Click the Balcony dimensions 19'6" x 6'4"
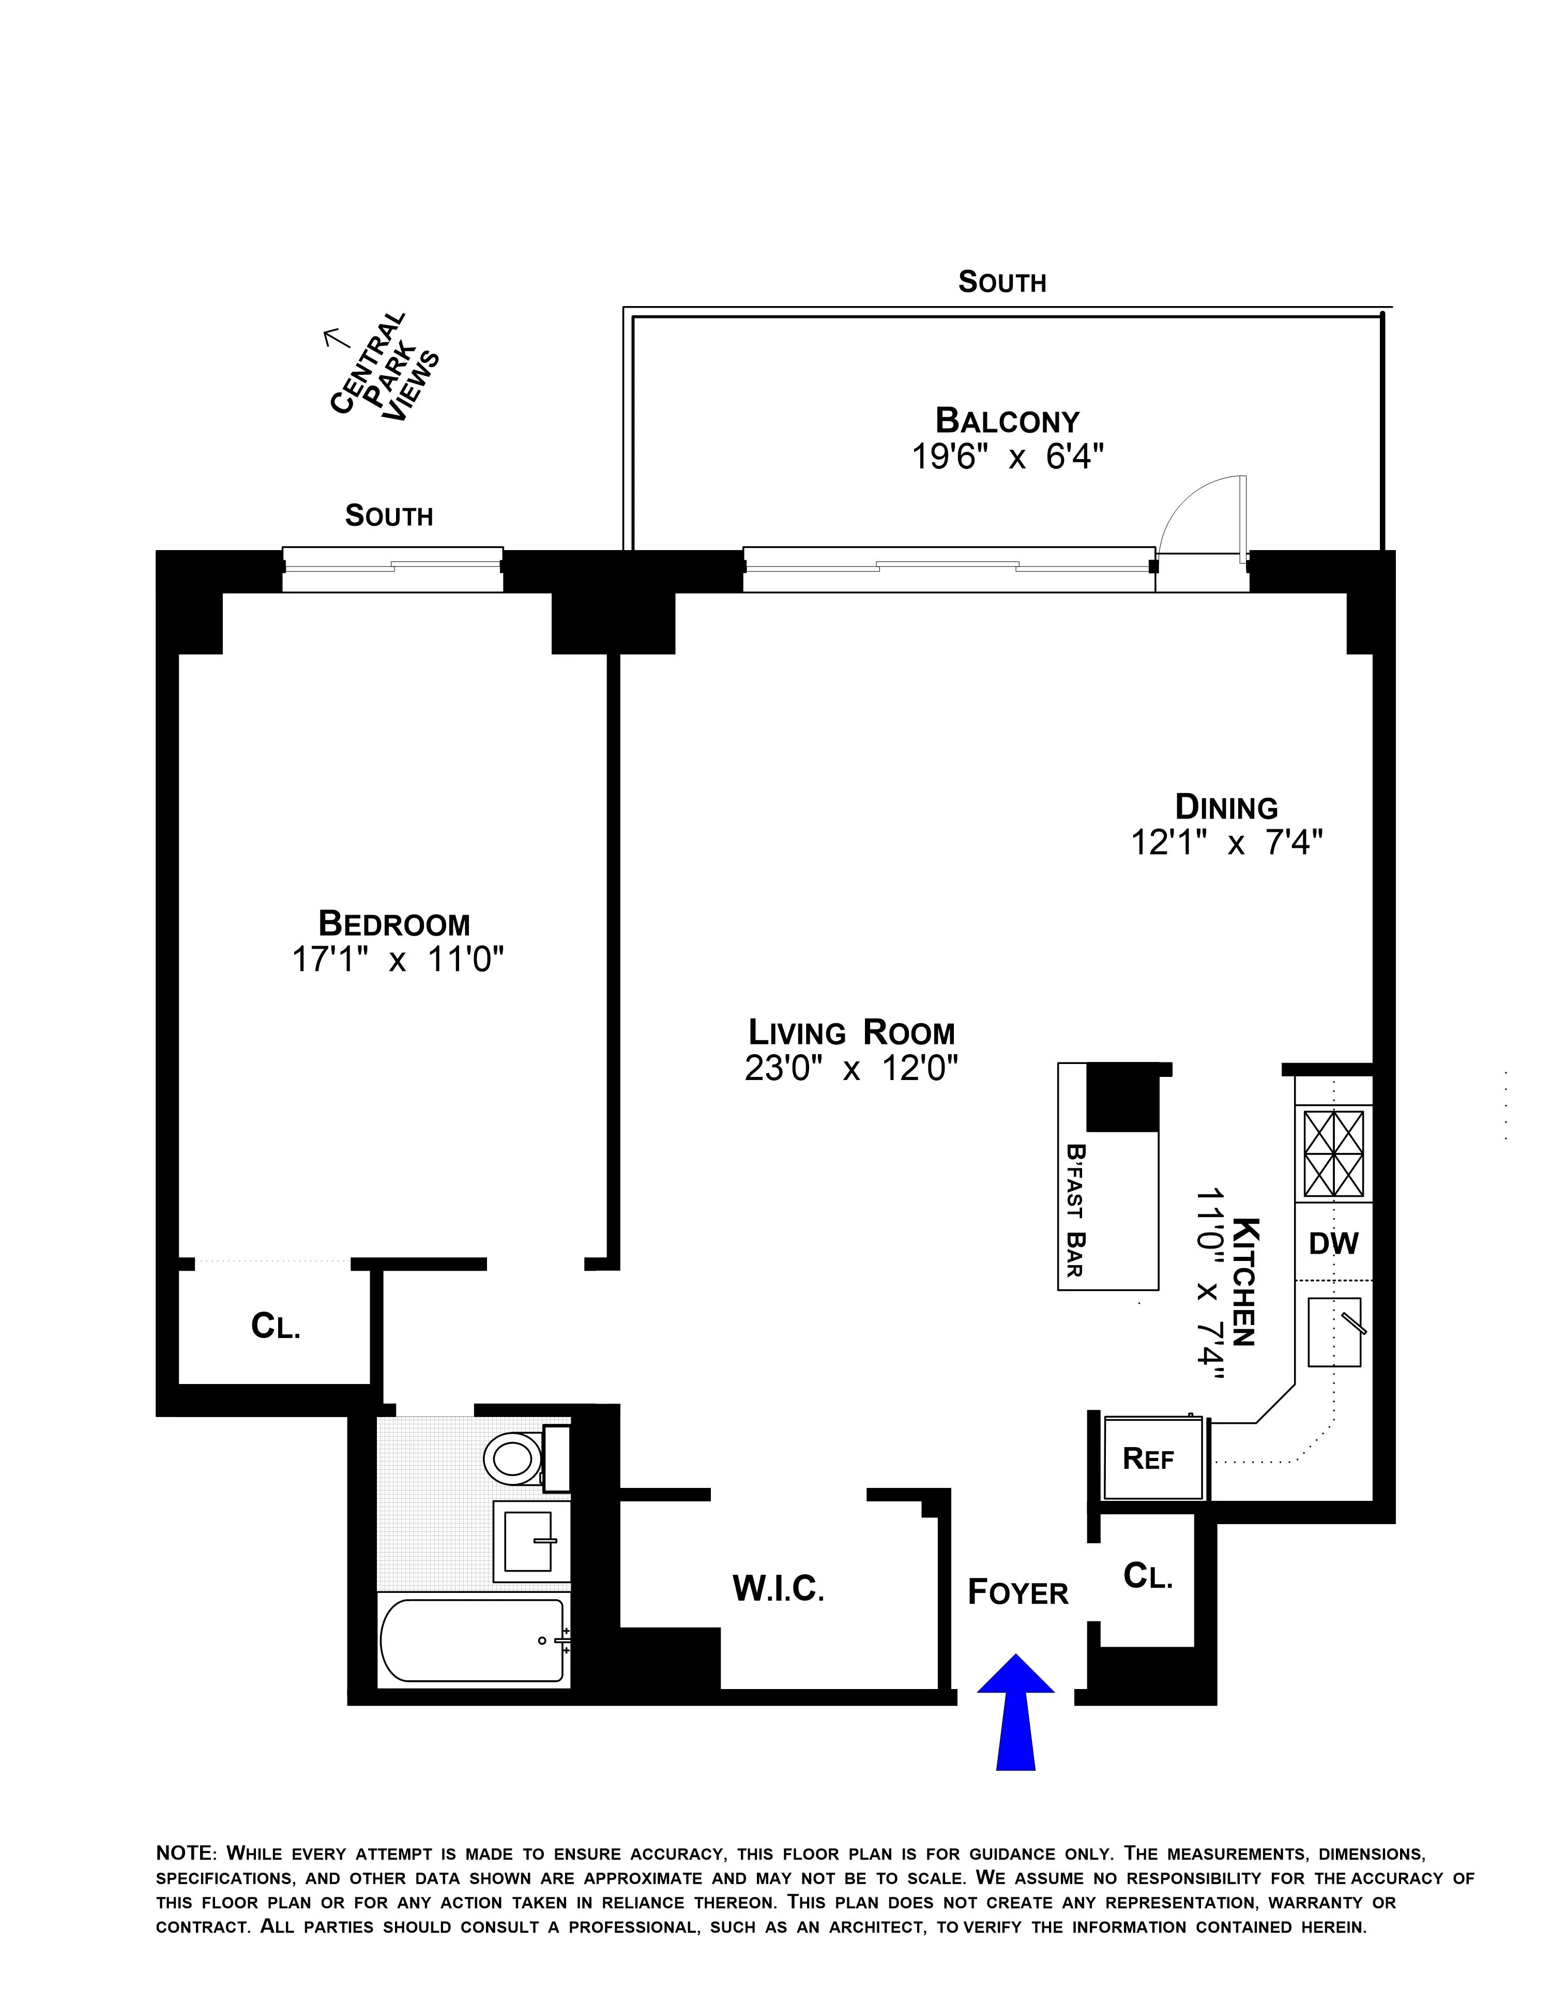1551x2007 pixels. coord(1007,457)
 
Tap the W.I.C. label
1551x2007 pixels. coord(778,1589)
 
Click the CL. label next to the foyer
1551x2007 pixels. coord(1148,1577)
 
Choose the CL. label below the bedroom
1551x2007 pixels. coord(276,1326)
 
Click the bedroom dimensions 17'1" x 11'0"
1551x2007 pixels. coord(398,960)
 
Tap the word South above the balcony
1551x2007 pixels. coord(1001,282)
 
